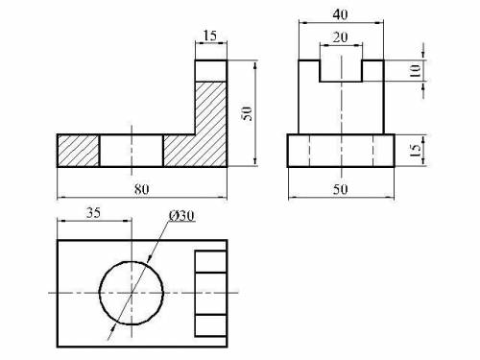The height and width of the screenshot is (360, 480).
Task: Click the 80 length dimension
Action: tap(141, 189)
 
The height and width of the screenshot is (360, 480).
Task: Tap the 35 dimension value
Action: tap(93, 213)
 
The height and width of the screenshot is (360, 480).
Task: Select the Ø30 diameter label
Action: tap(181, 216)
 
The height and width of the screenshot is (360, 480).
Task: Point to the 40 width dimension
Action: tap(340, 14)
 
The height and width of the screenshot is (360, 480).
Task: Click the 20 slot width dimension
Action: tap(340, 37)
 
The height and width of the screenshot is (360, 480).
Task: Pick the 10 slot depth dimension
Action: tap(415, 71)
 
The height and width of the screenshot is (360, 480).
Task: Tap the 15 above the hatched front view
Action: tap(210, 36)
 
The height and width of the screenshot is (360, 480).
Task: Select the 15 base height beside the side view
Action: tap(415, 151)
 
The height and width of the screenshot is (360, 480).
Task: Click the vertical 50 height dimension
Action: tap(247, 113)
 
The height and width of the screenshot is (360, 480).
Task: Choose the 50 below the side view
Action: tap(340, 189)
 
